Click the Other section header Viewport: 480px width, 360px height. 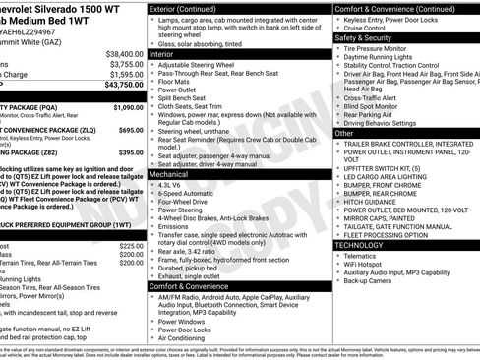(345, 132)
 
